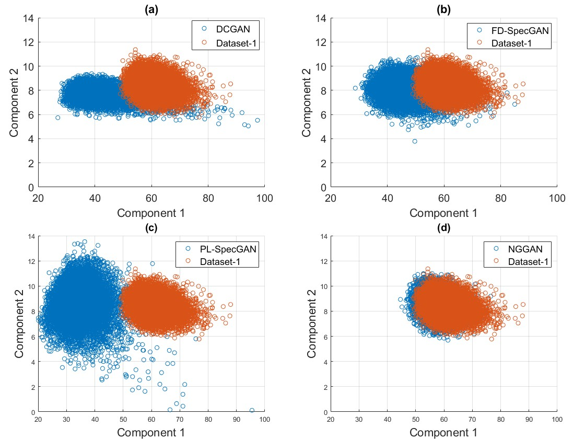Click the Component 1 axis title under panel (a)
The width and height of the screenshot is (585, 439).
coord(151,213)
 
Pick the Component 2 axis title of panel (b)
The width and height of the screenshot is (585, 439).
coord(312,102)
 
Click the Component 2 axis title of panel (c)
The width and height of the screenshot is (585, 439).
coord(20,324)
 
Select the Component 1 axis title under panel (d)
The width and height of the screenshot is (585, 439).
coord(443,432)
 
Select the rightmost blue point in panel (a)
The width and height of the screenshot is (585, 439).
coord(258,120)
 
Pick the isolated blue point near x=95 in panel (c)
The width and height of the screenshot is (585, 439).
coord(252,410)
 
